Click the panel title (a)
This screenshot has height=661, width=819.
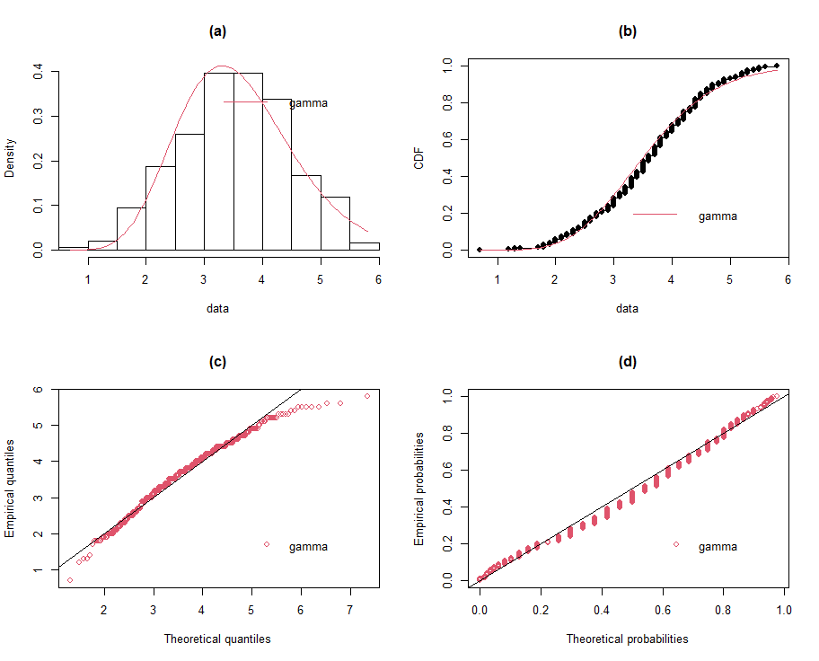point(217,31)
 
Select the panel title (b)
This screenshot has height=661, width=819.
point(628,31)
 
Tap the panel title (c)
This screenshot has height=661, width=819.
point(217,362)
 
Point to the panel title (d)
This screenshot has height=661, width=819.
point(628,362)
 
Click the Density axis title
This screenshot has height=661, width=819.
point(10,158)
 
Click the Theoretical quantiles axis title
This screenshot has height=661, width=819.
point(217,639)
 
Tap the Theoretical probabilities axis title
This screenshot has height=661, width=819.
point(628,639)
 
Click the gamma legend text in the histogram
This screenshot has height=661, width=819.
point(308,103)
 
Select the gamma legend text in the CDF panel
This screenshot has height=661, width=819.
point(718,216)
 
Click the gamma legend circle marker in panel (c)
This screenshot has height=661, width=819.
point(267,544)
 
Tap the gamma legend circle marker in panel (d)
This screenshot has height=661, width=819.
point(676,544)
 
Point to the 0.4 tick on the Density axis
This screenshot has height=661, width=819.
point(38,71)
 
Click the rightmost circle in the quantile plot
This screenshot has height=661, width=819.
point(366,396)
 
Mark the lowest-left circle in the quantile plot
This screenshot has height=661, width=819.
point(70,580)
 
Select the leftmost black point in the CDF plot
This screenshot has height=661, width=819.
point(480,250)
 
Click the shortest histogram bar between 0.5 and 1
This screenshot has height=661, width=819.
point(73,248)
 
